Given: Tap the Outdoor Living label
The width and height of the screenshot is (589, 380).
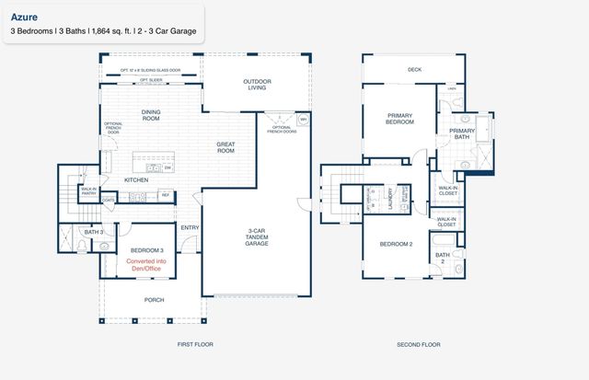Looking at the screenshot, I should [257, 86].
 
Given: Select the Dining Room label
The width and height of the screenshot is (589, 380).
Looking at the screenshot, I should [151, 115].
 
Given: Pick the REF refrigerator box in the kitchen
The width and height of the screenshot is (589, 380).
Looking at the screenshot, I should [166, 194].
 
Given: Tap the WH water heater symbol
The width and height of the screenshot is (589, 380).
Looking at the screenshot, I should [303, 120].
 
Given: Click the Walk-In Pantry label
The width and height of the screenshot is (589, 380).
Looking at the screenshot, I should [88, 190].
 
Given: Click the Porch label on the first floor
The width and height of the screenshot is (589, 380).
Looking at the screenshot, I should [154, 299].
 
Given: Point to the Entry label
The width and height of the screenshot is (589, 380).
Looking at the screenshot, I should [191, 227].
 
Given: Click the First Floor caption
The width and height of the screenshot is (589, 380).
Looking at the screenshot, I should [195, 344].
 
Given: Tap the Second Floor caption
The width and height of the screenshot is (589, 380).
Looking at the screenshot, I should [418, 344].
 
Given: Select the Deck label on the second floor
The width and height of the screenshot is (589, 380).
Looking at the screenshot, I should [414, 68].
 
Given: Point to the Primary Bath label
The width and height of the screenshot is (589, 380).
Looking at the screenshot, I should [461, 134].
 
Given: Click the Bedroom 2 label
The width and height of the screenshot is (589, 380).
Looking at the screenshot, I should [396, 244].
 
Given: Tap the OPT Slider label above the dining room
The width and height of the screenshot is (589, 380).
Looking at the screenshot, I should [151, 80].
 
